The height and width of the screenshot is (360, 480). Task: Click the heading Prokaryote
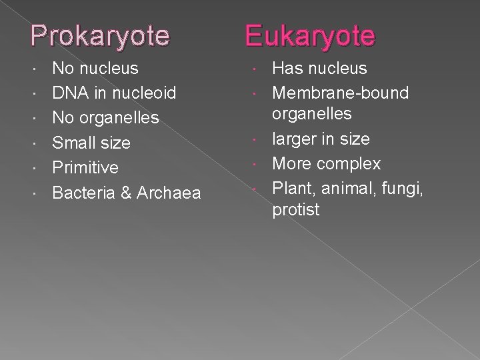(x=100, y=35)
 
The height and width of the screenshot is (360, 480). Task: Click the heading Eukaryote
(x=310, y=35)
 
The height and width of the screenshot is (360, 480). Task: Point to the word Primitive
(x=85, y=167)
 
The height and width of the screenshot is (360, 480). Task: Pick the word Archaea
(x=169, y=193)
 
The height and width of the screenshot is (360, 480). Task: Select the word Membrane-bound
(x=341, y=93)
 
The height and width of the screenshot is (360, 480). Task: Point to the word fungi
(x=405, y=189)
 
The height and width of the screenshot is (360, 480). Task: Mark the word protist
(x=296, y=210)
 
